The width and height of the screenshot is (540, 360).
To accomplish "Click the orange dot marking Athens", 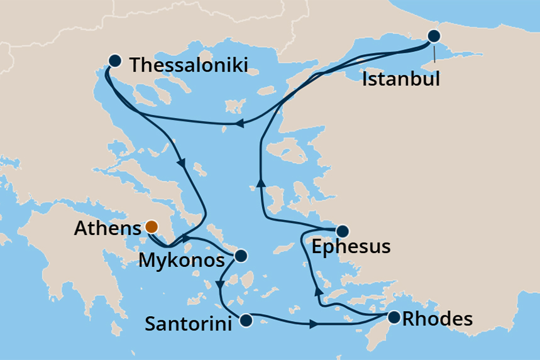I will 151,227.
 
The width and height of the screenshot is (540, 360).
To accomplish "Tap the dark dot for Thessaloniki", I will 114,61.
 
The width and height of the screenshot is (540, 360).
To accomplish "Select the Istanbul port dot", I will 433,36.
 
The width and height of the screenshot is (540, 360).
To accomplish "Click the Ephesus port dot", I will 343,231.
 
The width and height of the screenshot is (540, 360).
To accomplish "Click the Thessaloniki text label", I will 188,65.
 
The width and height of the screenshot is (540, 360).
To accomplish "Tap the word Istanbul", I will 401,80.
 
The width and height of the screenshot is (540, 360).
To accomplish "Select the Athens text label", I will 107,229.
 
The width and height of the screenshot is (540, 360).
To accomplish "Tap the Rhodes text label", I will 437,319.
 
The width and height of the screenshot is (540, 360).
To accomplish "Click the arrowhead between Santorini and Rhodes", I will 312,324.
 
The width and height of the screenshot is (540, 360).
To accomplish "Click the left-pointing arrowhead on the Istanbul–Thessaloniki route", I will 238,124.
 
